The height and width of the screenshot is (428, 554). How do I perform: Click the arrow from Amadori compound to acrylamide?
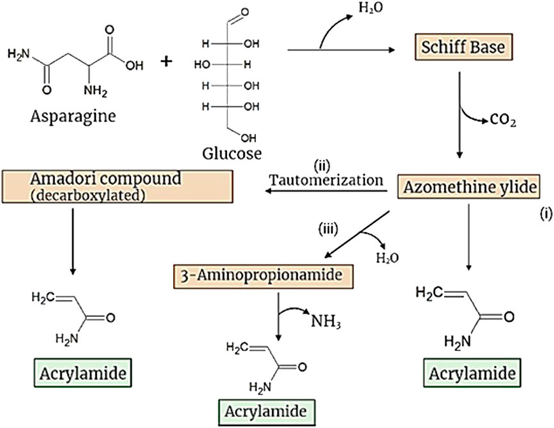(x=76, y=241)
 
